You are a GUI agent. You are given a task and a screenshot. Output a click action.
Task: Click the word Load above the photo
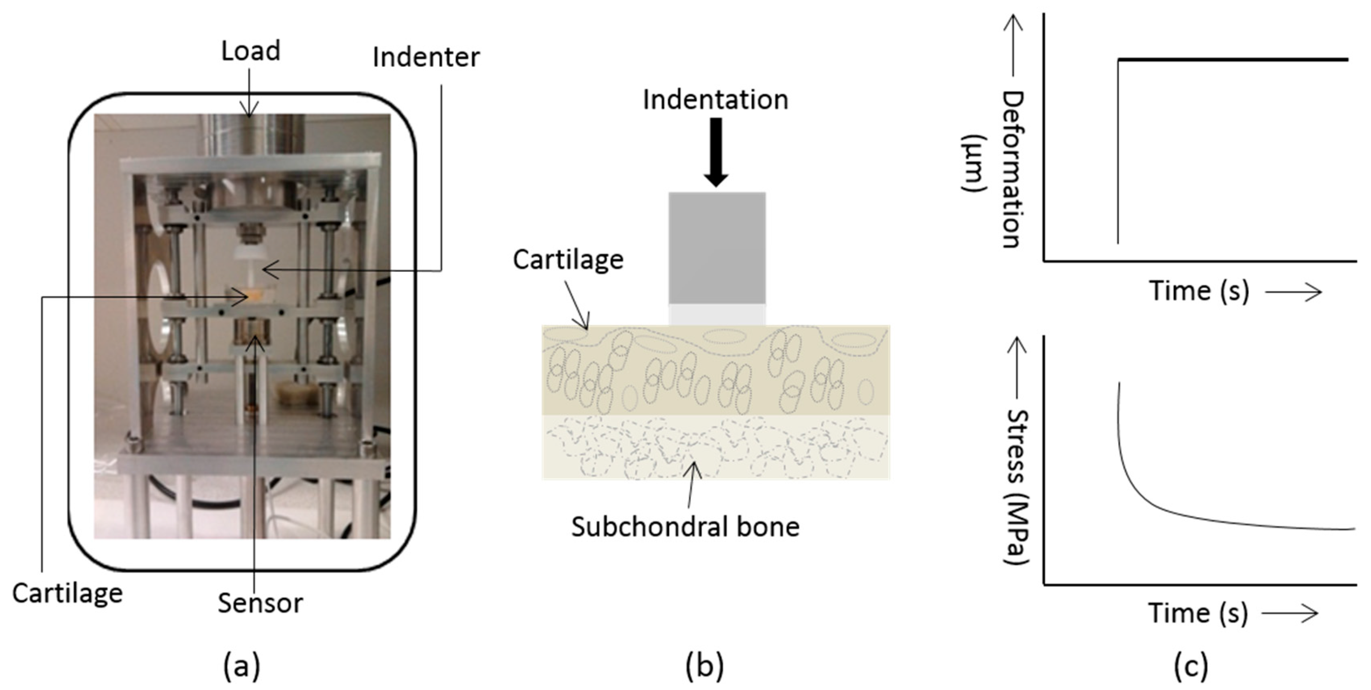[250, 51]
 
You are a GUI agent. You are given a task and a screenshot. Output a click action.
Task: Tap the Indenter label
[426, 57]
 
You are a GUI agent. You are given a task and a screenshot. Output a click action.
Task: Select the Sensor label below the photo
[260, 603]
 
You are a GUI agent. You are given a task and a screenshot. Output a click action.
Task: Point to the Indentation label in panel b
[715, 100]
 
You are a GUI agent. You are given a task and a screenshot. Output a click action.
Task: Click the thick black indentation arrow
[717, 151]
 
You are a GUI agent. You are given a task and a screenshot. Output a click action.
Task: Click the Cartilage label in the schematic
[568, 260]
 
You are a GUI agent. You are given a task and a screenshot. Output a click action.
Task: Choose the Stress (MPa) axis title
[1017, 487]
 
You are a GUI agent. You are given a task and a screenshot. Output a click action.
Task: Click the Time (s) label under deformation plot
[1199, 291]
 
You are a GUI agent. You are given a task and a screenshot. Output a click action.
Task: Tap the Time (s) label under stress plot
[1197, 613]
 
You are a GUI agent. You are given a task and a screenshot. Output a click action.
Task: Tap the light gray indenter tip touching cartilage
[717, 314]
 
